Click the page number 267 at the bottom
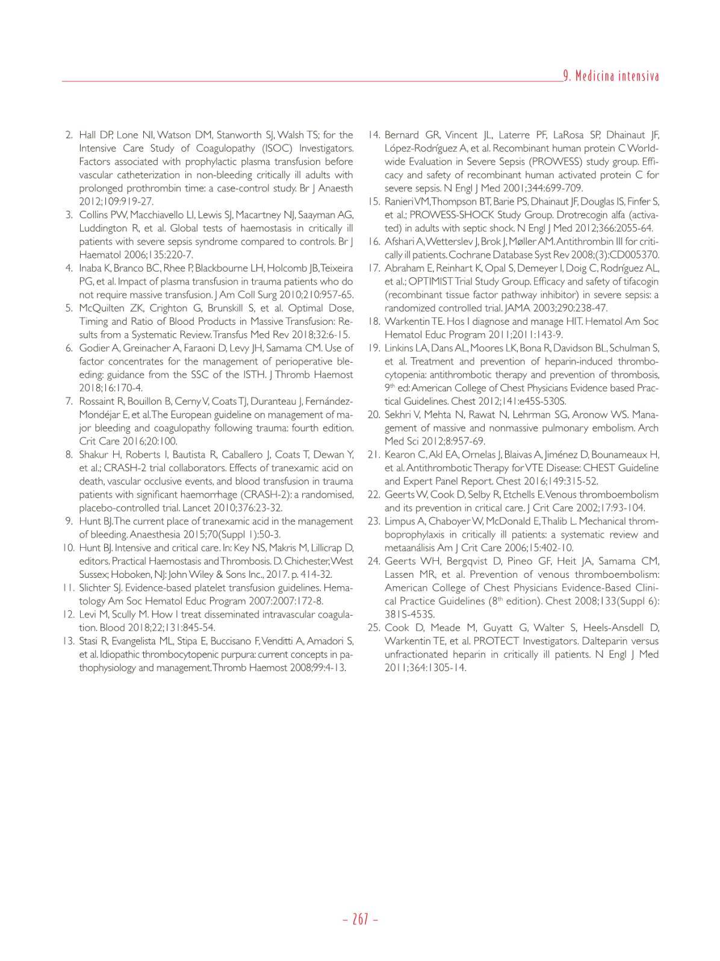pyautogui.click(x=360, y=919)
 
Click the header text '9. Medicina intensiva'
pyautogui.click(x=610, y=76)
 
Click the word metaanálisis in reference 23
pyautogui.click(x=411, y=548)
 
